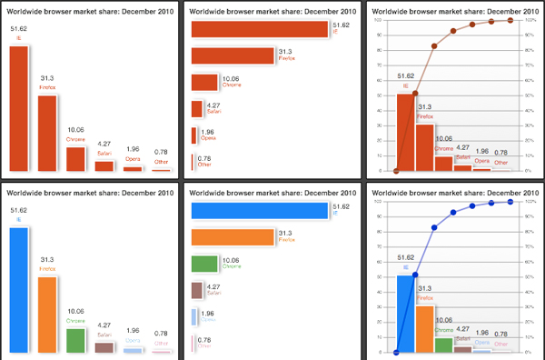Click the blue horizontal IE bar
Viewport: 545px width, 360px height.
[258, 211]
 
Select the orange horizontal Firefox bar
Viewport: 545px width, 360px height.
[232, 237]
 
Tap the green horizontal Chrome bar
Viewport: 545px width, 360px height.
[204, 264]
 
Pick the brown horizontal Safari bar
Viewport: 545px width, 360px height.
[196, 291]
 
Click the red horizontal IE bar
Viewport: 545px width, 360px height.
[258, 29]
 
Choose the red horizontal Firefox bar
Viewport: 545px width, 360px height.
[232, 55]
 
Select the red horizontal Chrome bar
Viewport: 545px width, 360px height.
[204, 83]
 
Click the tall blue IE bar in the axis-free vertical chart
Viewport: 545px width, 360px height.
[19, 289]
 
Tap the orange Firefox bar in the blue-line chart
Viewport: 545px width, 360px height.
[424, 328]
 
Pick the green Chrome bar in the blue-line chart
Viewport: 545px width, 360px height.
[443, 343]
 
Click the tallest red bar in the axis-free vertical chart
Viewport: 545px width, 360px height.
[19, 107]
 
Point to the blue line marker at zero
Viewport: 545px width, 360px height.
[396, 352]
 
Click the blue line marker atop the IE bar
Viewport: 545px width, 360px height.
[415, 275]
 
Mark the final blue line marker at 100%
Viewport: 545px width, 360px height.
[510, 202]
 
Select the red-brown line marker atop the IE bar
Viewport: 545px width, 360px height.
[415, 93]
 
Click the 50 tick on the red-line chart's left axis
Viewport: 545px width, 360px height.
[376, 95]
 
